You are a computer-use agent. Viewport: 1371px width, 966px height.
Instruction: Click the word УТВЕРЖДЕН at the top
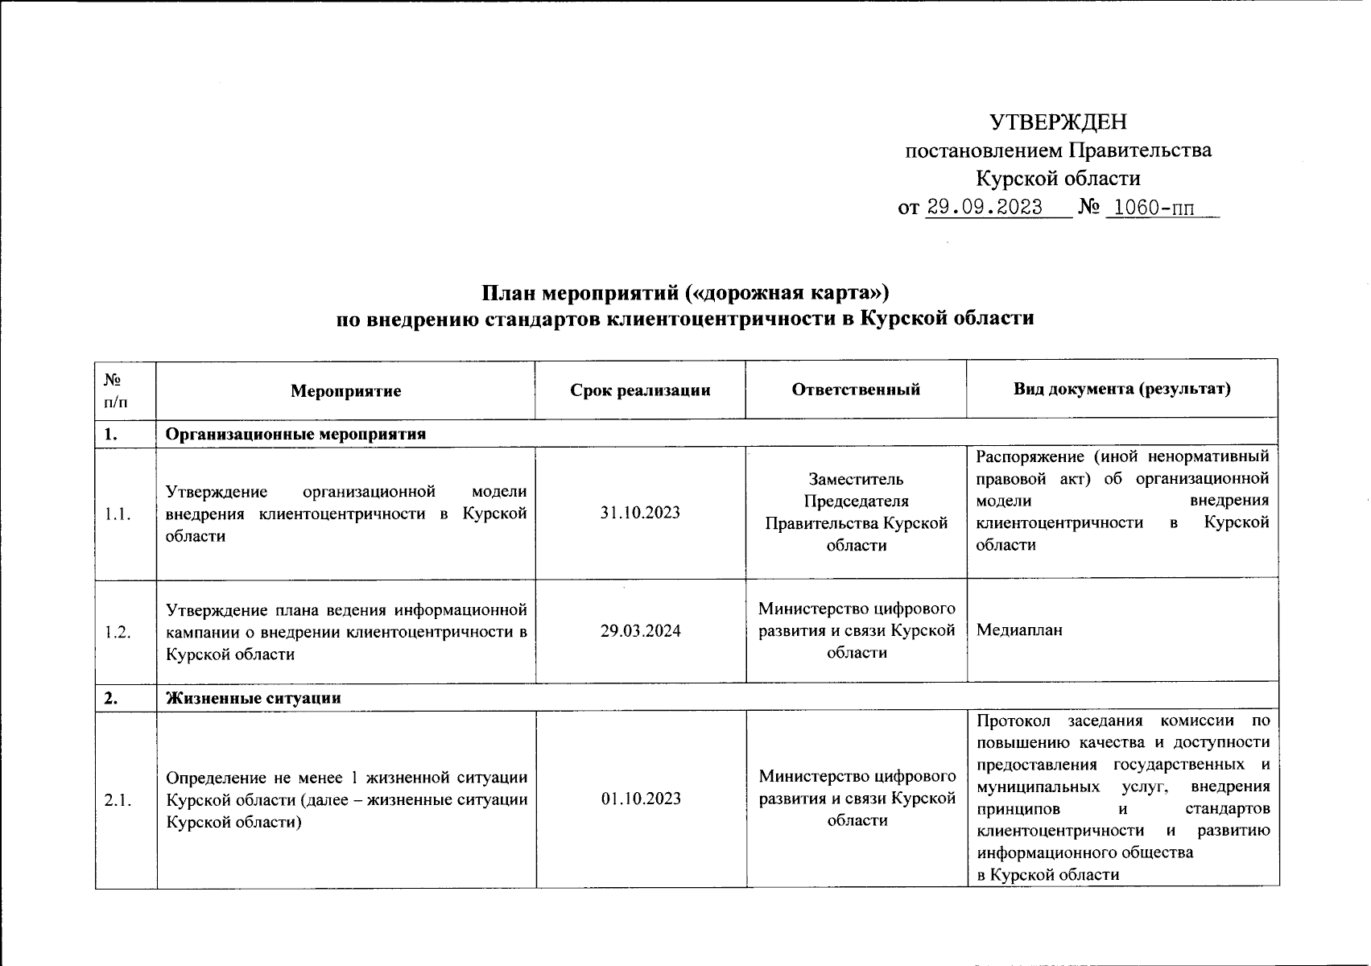pos(1058,122)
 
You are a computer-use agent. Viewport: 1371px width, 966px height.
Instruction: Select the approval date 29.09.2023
pos(985,208)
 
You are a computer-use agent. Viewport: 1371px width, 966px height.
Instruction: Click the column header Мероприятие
pos(346,391)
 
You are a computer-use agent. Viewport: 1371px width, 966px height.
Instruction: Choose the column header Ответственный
pos(856,390)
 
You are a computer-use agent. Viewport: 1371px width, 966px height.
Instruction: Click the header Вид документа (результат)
pos(1122,390)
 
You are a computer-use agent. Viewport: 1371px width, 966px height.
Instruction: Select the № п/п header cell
pos(115,389)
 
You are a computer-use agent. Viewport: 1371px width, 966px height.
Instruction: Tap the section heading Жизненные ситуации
pos(254,699)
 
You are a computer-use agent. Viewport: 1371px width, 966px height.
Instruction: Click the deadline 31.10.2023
pos(640,513)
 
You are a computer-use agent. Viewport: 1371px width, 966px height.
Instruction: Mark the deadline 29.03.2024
pos(640,631)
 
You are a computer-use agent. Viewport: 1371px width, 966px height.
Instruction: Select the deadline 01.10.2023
pos(640,799)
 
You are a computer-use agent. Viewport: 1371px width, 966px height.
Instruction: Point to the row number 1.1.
pos(118,514)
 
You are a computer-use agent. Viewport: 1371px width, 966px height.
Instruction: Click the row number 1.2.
pos(118,632)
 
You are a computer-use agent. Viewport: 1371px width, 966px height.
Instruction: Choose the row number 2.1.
pos(118,799)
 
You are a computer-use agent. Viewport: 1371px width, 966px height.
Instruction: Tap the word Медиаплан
pos(1019,630)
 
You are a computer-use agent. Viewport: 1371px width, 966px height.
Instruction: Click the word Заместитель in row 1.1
pos(857,480)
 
